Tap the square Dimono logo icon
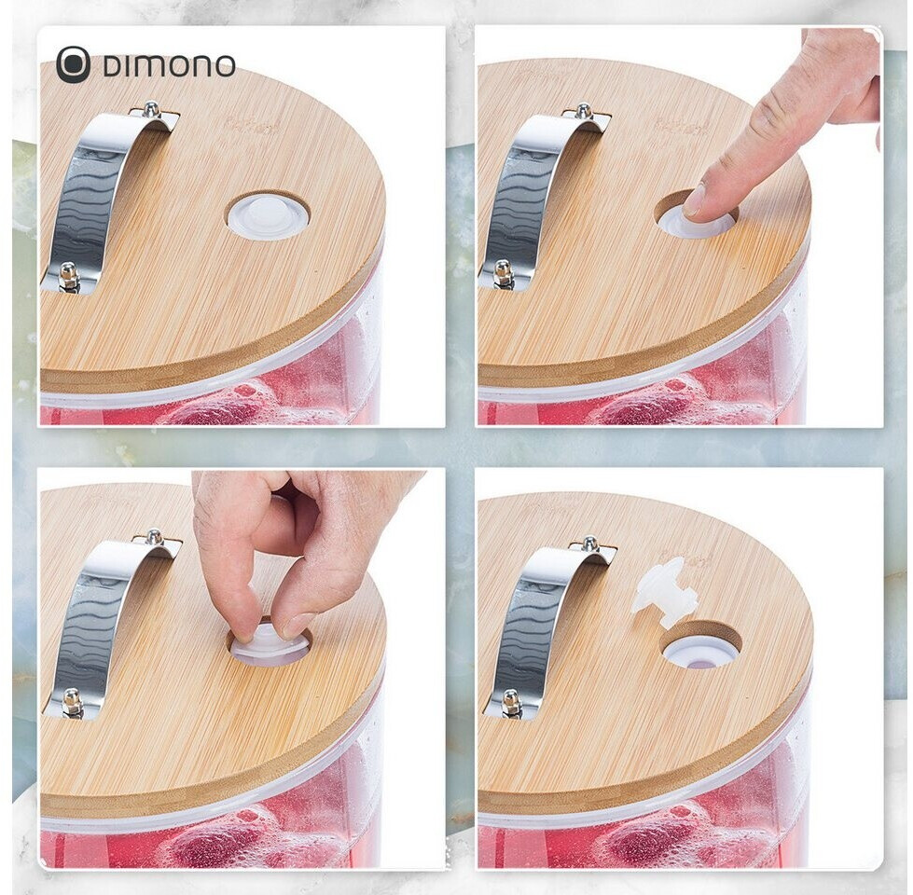coord(73,64)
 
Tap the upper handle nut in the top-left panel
coord(150,108)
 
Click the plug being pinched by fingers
coord(269,645)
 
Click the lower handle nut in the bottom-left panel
coord(71,696)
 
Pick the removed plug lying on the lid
coord(669,590)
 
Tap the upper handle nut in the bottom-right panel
coord(589,542)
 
